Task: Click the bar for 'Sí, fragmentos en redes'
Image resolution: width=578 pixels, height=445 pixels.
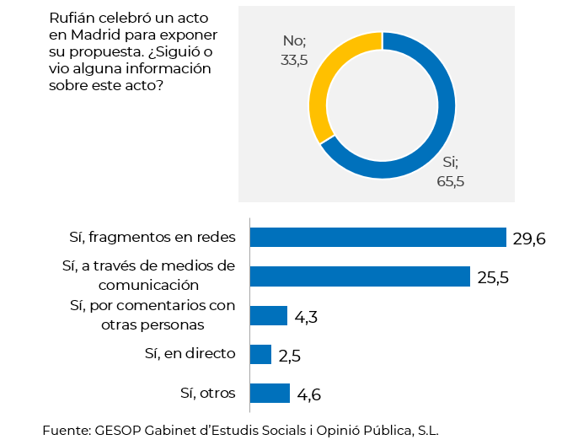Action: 377,238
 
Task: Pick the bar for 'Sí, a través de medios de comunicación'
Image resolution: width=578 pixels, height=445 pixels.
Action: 360,276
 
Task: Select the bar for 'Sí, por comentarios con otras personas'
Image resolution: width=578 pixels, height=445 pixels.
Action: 269,315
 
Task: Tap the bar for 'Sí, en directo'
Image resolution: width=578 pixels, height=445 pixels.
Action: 260,354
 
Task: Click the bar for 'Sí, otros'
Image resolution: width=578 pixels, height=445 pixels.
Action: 270,393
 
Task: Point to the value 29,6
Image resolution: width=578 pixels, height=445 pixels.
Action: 529,239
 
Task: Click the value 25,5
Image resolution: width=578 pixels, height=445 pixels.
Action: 493,277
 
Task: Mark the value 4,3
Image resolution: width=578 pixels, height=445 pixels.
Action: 307,317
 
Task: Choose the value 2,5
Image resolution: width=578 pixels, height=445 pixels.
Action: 290,356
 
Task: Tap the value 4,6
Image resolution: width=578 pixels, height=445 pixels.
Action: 308,394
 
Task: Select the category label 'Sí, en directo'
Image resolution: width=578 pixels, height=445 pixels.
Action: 190,353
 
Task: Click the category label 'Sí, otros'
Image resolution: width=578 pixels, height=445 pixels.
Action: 207,392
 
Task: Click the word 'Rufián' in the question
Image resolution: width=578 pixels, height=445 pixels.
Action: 72,18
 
